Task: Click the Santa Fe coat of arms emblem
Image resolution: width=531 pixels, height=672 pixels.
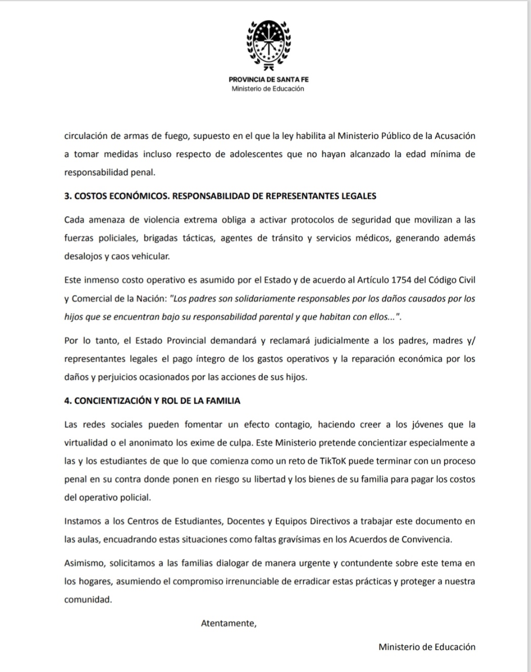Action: pos(268,45)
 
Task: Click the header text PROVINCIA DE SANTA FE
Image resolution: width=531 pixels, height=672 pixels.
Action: pos(268,80)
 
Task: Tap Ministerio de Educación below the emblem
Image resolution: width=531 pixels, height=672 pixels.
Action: pos(268,89)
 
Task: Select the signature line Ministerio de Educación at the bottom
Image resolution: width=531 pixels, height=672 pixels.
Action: pos(427,647)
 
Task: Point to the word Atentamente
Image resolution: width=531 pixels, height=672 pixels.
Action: pos(228,623)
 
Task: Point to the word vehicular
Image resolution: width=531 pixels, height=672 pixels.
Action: pos(150,256)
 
